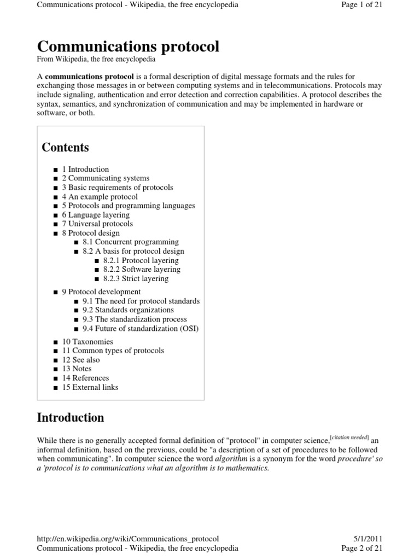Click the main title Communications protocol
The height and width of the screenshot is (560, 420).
tap(128, 47)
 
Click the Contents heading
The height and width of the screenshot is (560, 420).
tap(65, 148)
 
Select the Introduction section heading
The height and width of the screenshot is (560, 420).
tap(70, 418)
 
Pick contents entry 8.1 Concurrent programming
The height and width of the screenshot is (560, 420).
tap(131, 242)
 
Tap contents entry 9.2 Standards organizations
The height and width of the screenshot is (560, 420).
tap(128, 310)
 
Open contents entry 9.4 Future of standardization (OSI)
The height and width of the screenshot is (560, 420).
tap(141, 329)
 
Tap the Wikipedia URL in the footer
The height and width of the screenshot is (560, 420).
tap(128, 539)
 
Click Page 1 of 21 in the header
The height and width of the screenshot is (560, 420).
tap(364, 5)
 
